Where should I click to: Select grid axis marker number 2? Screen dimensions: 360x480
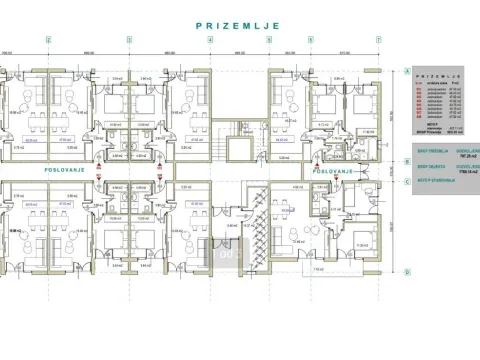click(47, 40)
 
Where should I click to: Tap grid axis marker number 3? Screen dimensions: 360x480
click(127, 40)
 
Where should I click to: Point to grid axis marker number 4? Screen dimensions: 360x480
click(209, 40)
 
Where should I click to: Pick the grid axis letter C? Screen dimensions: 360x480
click(408, 181)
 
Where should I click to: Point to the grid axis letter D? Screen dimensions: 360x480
click(408, 272)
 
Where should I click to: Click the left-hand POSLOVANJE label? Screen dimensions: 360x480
click(62, 170)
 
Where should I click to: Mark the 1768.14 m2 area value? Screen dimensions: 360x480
click(461, 171)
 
